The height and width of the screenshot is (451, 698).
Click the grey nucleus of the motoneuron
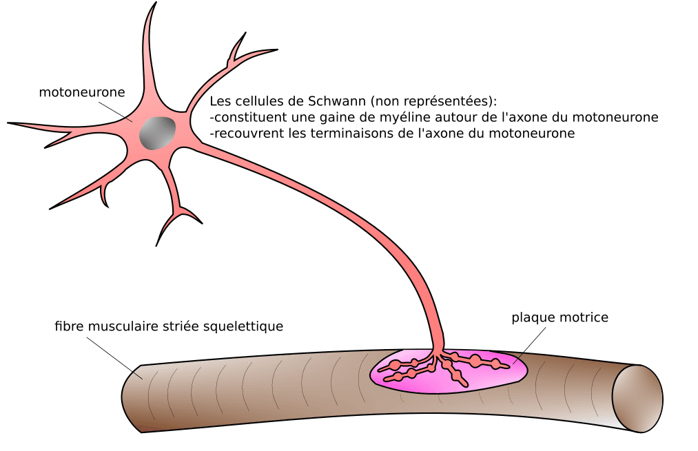(x=157, y=133)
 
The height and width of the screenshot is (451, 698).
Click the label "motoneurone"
(x=81, y=92)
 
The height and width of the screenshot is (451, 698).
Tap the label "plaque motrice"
(x=560, y=317)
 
